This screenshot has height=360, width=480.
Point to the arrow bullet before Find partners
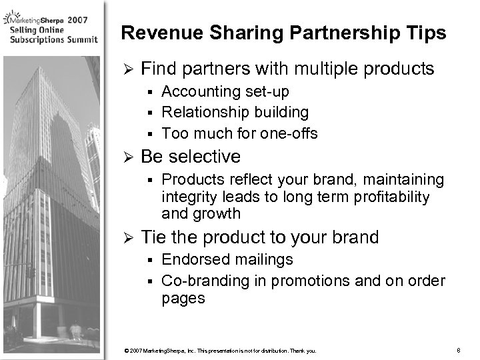(126, 69)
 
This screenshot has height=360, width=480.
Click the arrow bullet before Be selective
(126, 158)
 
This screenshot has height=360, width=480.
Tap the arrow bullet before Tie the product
(126, 238)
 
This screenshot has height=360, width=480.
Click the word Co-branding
(205, 281)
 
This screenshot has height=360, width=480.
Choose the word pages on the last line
(183, 299)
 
